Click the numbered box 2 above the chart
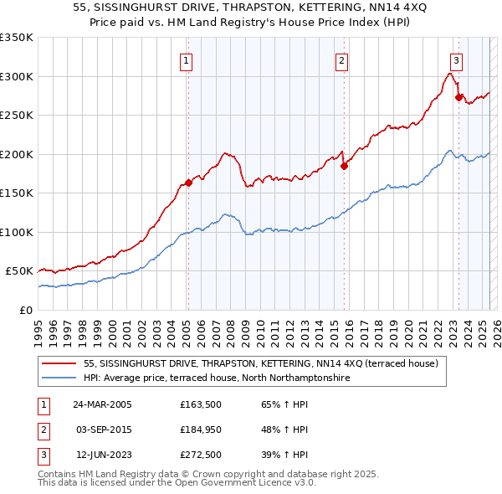click(x=342, y=59)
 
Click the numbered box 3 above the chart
click(x=456, y=59)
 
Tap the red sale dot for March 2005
click(x=188, y=183)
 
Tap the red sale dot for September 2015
click(x=344, y=166)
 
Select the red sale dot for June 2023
click(x=458, y=97)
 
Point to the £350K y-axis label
click(x=17, y=38)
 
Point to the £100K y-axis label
click(x=17, y=232)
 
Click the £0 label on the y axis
click(x=26, y=310)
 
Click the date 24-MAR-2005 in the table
click(x=102, y=405)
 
